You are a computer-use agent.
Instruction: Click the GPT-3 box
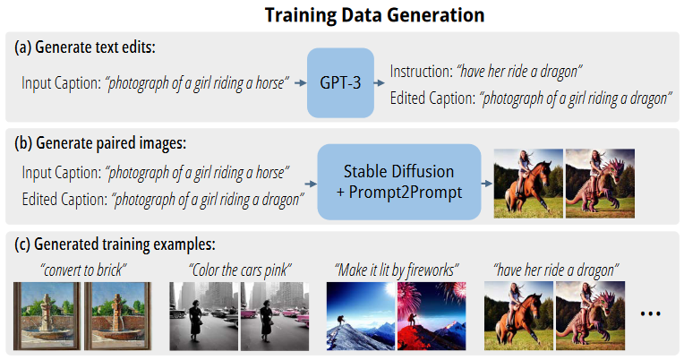pyautogui.click(x=340, y=83)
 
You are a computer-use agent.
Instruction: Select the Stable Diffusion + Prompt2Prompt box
pyautogui.click(x=399, y=182)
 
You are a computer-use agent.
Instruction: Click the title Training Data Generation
pyautogui.click(x=375, y=15)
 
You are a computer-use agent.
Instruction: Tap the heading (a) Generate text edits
pyautogui.click(x=85, y=47)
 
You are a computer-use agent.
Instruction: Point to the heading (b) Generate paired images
pyautogui.click(x=100, y=143)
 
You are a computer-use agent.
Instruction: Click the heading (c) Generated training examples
pyautogui.click(x=115, y=244)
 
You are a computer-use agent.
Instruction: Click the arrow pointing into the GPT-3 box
pyautogui.click(x=301, y=83)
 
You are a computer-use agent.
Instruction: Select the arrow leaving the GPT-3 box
pyautogui.click(x=380, y=83)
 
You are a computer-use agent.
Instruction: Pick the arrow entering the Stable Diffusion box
pyautogui.click(x=311, y=184)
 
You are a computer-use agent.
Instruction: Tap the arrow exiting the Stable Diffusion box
pyautogui.click(x=487, y=184)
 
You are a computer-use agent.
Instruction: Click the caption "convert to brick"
pyautogui.click(x=83, y=270)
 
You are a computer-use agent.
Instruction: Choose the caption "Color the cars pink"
pyautogui.click(x=240, y=270)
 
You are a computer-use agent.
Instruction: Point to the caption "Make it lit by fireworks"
pyautogui.click(x=397, y=270)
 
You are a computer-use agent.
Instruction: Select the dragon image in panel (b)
pyautogui.click(x=600, y=184)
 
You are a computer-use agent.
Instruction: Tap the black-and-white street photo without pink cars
pyautogui.click(x=204, y=316)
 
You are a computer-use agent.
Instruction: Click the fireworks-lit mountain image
pyautogui.click(x=432, y=316)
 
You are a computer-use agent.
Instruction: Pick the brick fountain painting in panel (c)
pyautogui.click(x=118, y=316)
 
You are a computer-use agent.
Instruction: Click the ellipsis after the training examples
pyautogui.click(x=650, y=313)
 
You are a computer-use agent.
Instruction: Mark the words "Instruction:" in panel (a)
pyautogui.click(x=422, y=71)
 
